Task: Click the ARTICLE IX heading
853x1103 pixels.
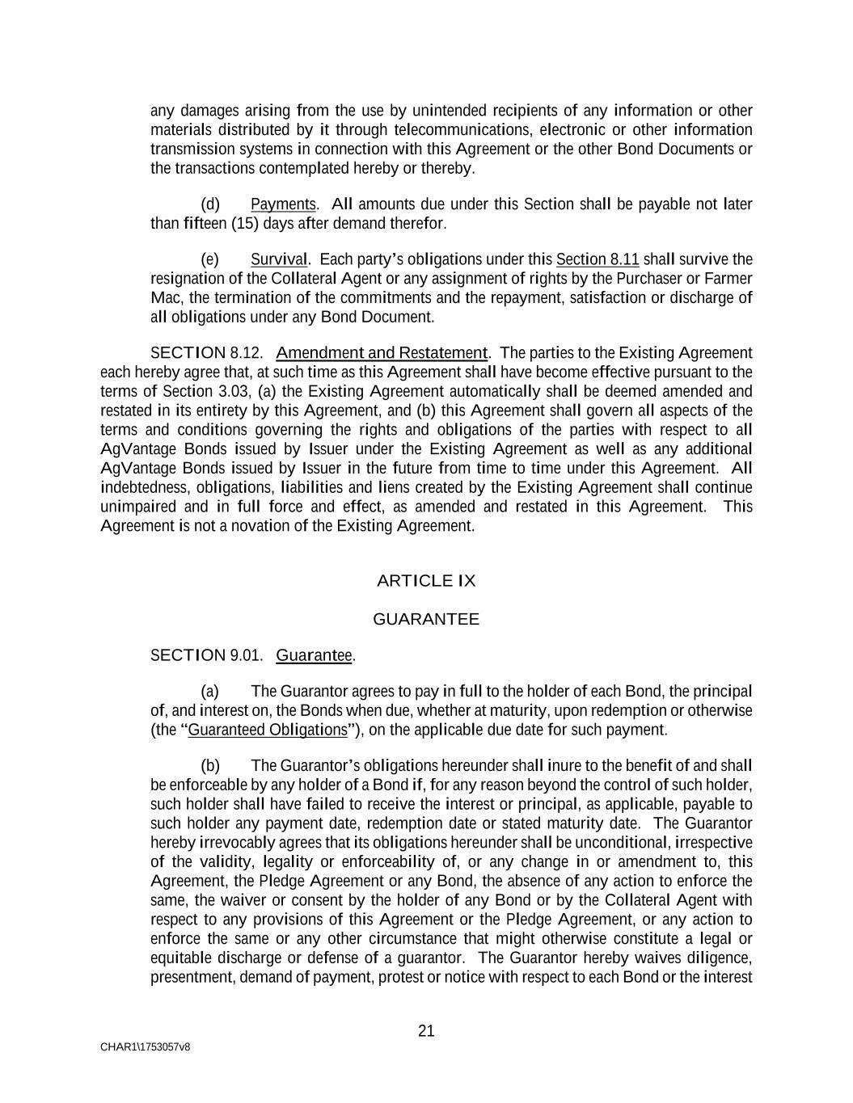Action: point(426,581)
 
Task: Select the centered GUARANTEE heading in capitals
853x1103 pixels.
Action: point(426,620)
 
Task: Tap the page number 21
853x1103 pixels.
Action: point(427,1031)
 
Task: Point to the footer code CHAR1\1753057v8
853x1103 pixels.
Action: point(146,1047)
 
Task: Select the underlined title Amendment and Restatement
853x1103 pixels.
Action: point(382,353)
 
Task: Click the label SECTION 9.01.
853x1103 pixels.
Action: point(207,655)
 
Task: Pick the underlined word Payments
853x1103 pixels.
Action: point(283,204)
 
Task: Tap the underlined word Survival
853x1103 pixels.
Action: point(279,259)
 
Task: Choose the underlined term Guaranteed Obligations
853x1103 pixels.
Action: point(268,730)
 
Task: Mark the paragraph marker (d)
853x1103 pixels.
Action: point(210,204)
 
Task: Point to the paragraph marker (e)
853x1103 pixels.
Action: point(210,259)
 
